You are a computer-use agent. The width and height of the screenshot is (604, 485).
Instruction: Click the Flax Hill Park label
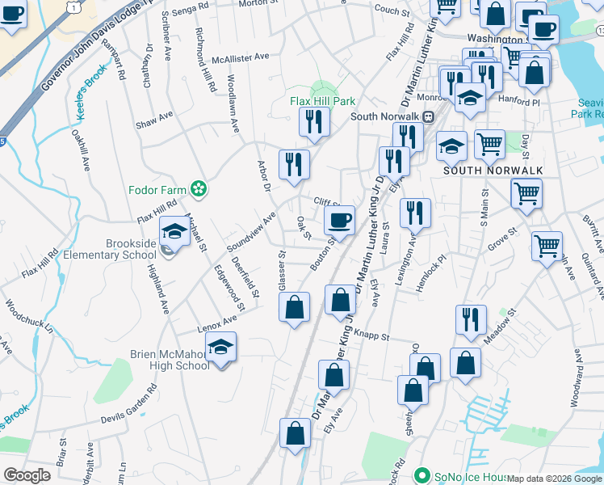pos(323,102)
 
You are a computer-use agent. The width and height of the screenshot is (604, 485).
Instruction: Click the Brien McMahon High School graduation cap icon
pos(220,348)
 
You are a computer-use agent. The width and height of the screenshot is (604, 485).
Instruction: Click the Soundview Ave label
pos(251,231)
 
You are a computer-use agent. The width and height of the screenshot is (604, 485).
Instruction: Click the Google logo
pos(27,475)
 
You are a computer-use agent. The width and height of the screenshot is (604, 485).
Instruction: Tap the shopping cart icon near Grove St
pos(547,246)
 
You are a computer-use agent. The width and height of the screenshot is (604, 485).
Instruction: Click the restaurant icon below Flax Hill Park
pos(314,121)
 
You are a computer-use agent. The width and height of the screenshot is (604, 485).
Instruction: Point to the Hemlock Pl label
pos(431,268)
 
